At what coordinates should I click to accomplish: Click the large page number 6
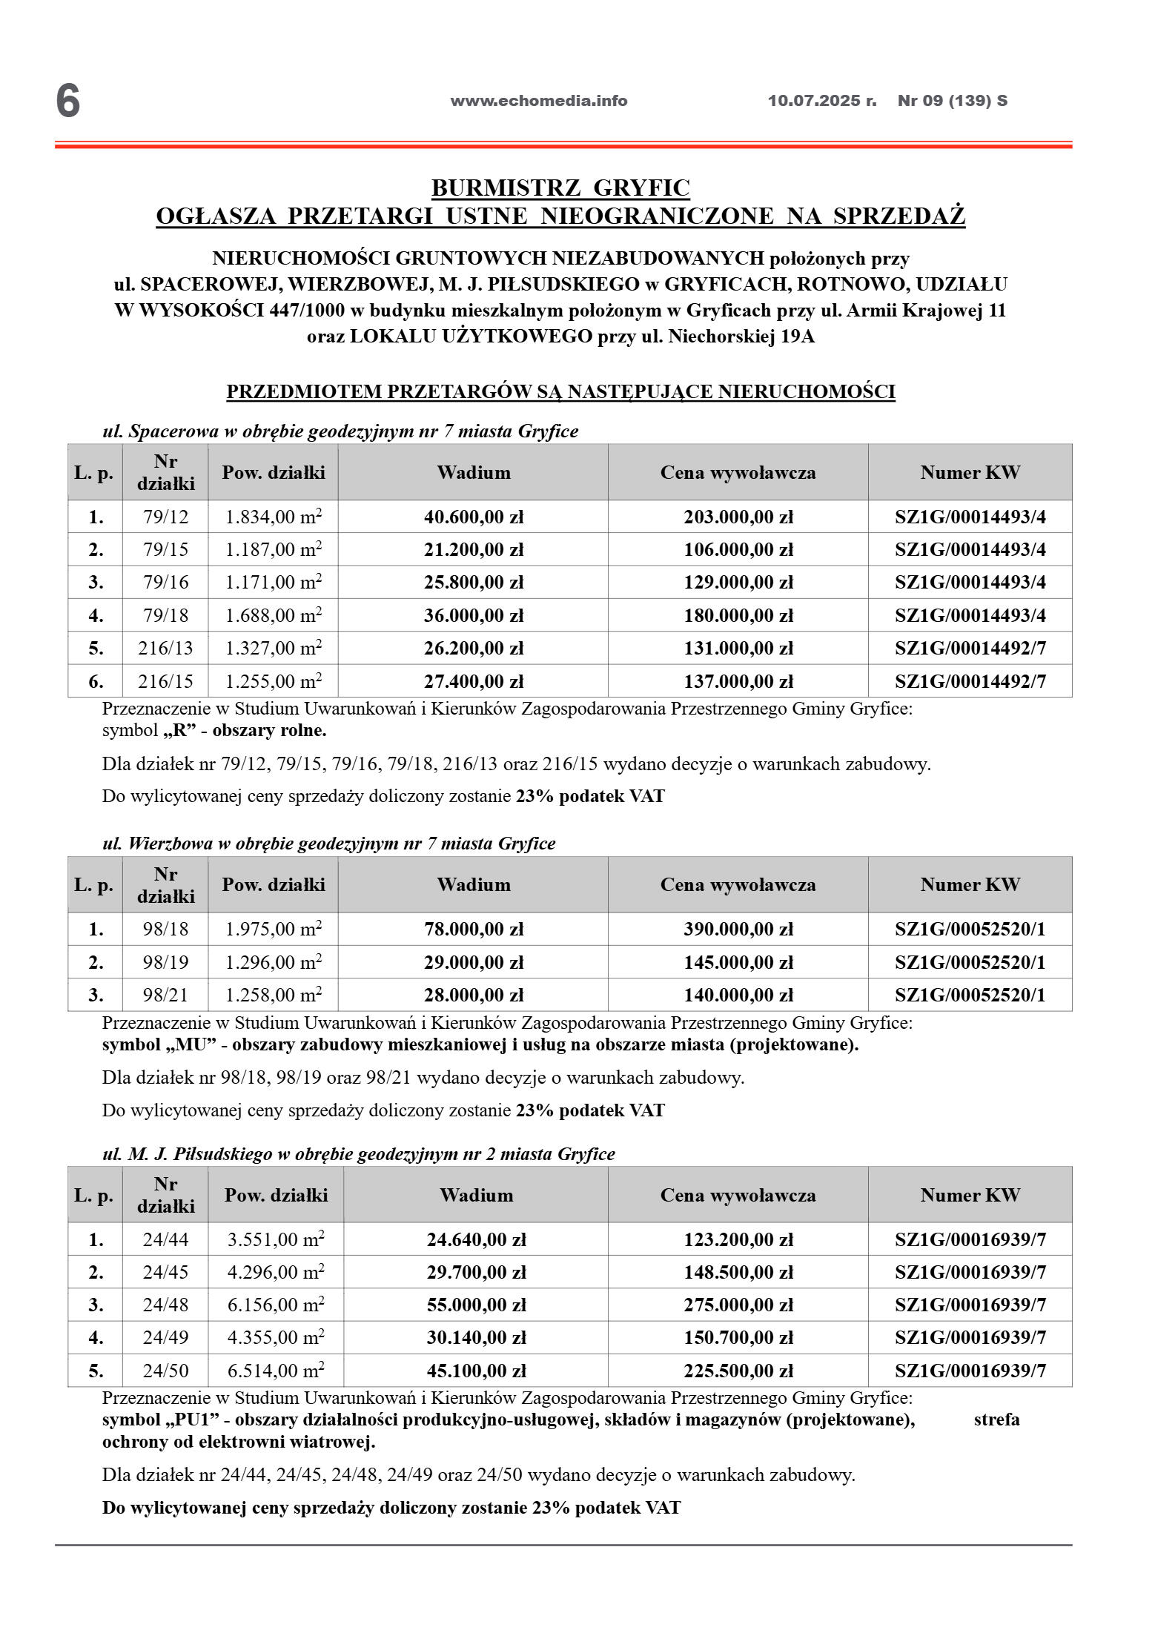tap(67, 101)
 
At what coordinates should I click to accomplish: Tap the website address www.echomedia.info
tap(538, 101)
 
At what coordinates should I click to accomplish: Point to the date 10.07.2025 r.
tap(821, 101)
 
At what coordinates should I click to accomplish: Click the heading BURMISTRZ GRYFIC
tap(560, 188)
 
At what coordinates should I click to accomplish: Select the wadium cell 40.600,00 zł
tap(473, 517)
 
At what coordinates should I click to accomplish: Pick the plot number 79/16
tap(165, 583)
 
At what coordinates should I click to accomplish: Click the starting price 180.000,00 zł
tap(738, 615)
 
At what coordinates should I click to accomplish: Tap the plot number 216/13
tap(165, 649)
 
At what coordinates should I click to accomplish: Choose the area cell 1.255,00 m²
tap(273, 681)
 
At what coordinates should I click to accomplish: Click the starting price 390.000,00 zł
tap(738, 929)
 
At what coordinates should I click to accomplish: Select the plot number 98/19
tap(165, 962)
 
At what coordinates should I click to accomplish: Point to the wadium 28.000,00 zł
tap(473, 995)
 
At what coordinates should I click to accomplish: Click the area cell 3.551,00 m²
tap(276, 1239)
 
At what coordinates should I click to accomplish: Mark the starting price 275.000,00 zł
tap(738, 1305)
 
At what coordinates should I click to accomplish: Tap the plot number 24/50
tap(165, 1371)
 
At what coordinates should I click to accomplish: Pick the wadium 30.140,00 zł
tap(476, 1338)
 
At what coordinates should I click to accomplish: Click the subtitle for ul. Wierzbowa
tap(328, 844)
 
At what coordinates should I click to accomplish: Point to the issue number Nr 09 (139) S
tap(952, 101)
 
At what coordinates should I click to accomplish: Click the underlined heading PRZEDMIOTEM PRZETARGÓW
tap(560, 391)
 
